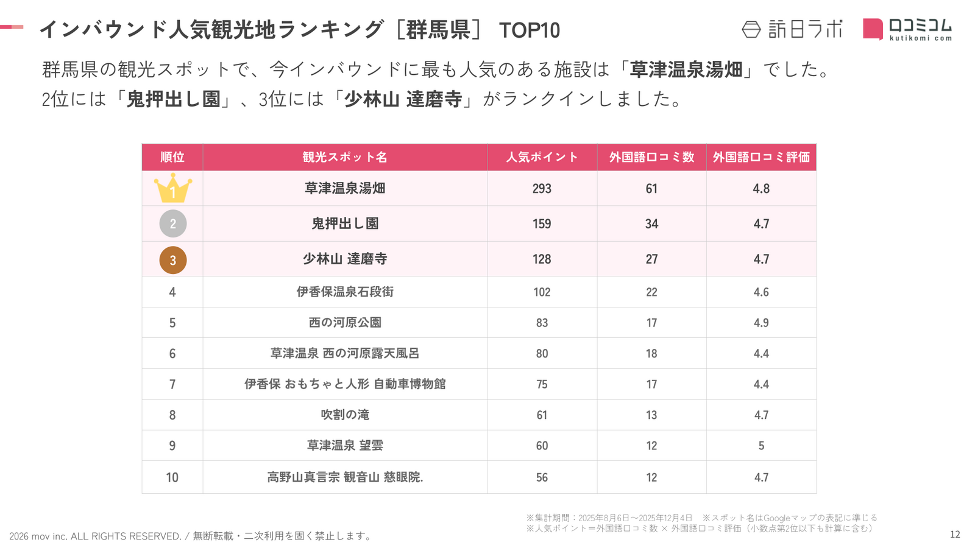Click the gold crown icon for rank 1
172,188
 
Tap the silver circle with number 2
172,224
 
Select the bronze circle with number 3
172,260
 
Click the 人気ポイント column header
542,157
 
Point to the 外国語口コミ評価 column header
761,157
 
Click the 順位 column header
172,157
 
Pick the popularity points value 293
542,189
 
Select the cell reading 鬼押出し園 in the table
345,224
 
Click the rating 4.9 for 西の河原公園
761,323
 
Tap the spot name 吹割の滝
345,415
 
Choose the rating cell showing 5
761,446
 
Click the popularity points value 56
542,477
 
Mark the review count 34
651,224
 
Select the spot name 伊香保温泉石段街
345,292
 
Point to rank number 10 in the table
172,477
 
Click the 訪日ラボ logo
792,29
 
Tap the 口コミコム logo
907,29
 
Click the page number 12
955,535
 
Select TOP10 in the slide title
529,30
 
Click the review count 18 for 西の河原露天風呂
651,354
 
